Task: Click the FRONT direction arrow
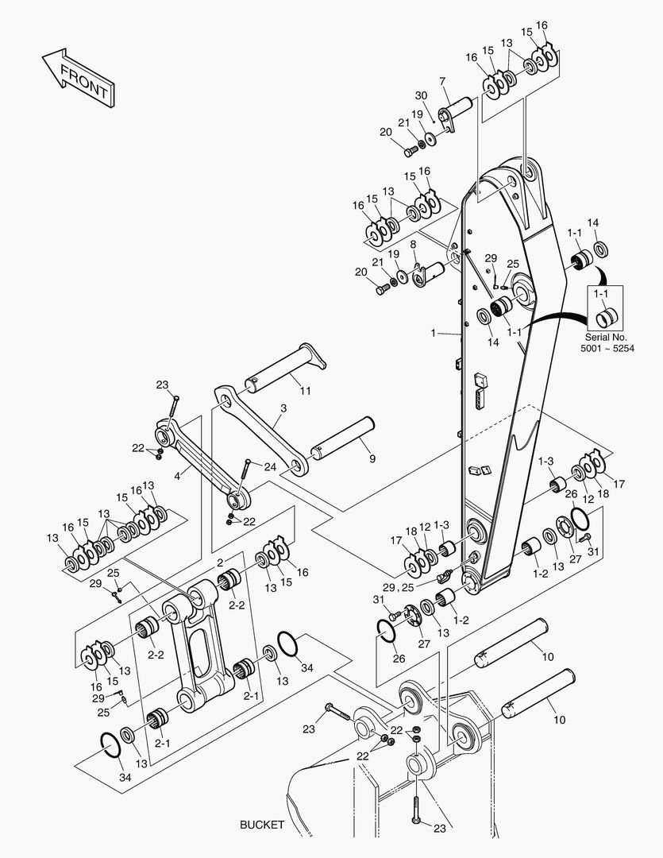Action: [x=77, y=77]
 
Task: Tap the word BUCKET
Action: [x=261, y=825]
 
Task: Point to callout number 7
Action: [x=442, y=81]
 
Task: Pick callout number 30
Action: [x=421, y=96]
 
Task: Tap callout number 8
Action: [x=414, y=245]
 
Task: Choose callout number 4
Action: [x=179, y=475]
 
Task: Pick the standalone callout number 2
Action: [x=220, y=562]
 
